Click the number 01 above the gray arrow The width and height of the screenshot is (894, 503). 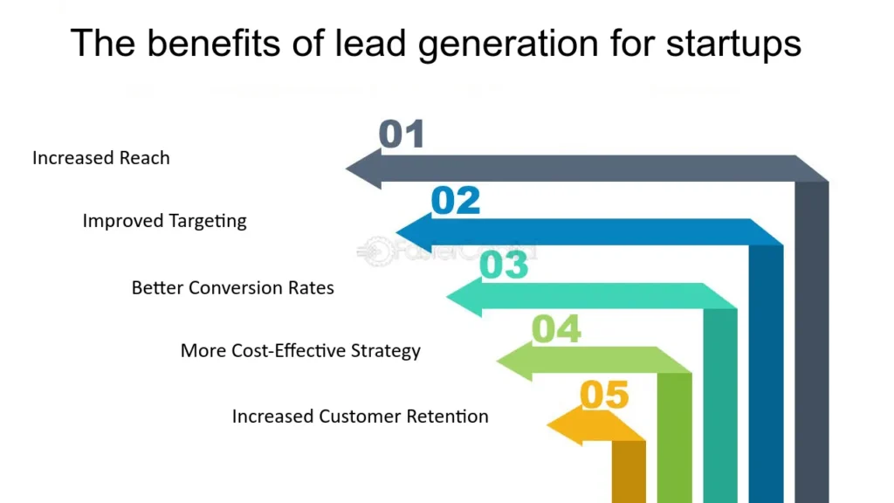click(x=402, y=134)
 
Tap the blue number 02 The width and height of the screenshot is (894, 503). click(x=456, y=200)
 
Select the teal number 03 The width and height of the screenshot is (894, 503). click(x=504, y=265)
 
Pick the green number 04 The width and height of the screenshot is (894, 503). click(x=556, y=329)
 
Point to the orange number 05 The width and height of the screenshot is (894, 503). click(x=604, y=395)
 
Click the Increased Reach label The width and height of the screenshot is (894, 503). click(x=101, y=158)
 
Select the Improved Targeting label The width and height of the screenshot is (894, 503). click(x=165, y=221)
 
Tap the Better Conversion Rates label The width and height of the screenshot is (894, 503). click(x=232, y=288)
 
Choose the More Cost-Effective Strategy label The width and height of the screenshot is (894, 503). click(x=300, y=351)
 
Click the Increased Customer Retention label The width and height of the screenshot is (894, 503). click(x=361, y=417)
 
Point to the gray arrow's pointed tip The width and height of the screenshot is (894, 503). click(x=346, y=169)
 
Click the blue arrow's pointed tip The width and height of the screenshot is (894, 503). click(x=396, y=232)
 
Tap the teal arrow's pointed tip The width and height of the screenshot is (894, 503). click(x=446, y=296)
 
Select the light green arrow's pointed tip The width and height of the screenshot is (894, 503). click(x=497, y=361)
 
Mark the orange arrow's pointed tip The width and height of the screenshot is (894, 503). click(x=547, y=425)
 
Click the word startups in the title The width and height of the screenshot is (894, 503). click(x=733, y=44)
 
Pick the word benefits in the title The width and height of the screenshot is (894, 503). click(x=214, y=43)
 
